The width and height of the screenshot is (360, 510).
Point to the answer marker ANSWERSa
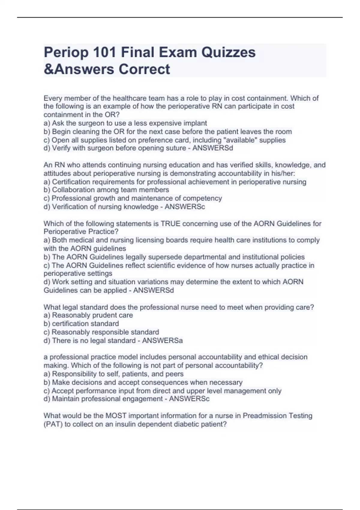162,340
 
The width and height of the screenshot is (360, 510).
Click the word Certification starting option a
71,182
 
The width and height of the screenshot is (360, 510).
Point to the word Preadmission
265,416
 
